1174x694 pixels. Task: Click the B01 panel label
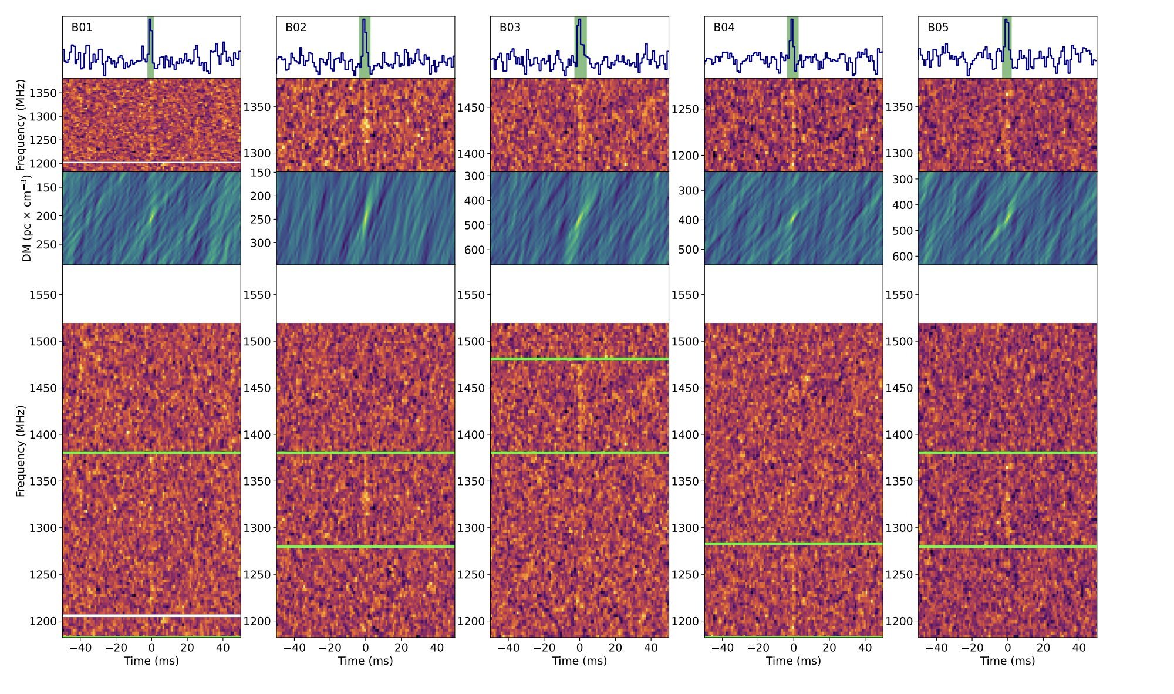point(82,28)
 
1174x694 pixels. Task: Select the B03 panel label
point(510,28)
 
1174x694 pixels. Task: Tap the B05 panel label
point(937,28)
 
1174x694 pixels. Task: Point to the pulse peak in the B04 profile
point(792,21)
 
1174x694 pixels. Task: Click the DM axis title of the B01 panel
point(26,218)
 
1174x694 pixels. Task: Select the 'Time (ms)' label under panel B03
point(579,661)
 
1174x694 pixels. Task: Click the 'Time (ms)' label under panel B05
point(1007,661)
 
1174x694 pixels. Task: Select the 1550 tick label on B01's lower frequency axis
point(43,295)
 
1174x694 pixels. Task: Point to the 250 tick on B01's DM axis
point(46,244)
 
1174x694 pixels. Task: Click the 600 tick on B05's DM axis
point(903,257)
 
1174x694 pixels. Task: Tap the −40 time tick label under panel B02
point(294,648)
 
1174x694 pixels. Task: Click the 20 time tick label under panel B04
point(829,648)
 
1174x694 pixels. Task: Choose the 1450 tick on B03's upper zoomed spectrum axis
point(471,107)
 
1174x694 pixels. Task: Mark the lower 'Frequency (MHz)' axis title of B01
point(21,451)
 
